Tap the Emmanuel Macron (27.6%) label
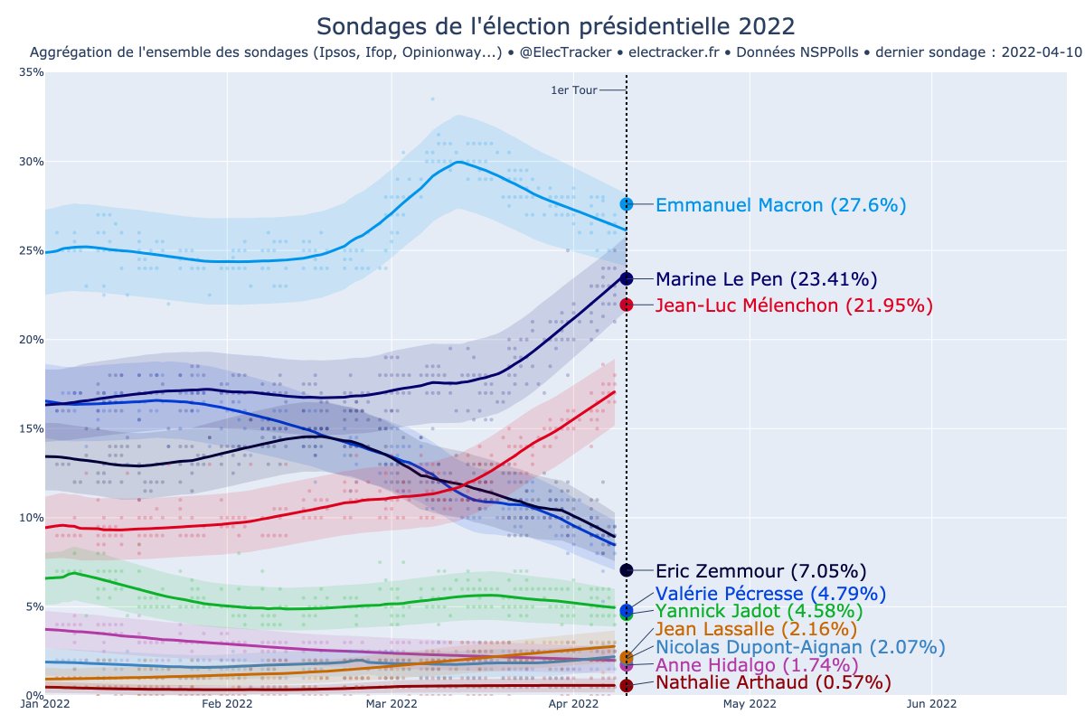(780, 205)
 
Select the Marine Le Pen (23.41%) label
(766, 278)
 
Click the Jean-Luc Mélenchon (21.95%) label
(793, 305)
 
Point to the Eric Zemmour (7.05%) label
(760, 571)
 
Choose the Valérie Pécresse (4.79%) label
(770, 594)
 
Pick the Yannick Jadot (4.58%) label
(759, 612)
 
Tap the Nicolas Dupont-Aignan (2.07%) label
(800, 647)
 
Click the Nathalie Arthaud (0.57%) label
(772, 682)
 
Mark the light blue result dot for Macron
(627, 204)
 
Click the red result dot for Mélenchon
(627, 305)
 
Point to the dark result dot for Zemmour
(627, 570)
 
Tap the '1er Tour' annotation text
(573, 90)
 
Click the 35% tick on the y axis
(33, 72)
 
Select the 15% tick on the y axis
(33, 428)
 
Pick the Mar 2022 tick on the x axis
(391, 703)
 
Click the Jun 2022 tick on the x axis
(931, 703)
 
